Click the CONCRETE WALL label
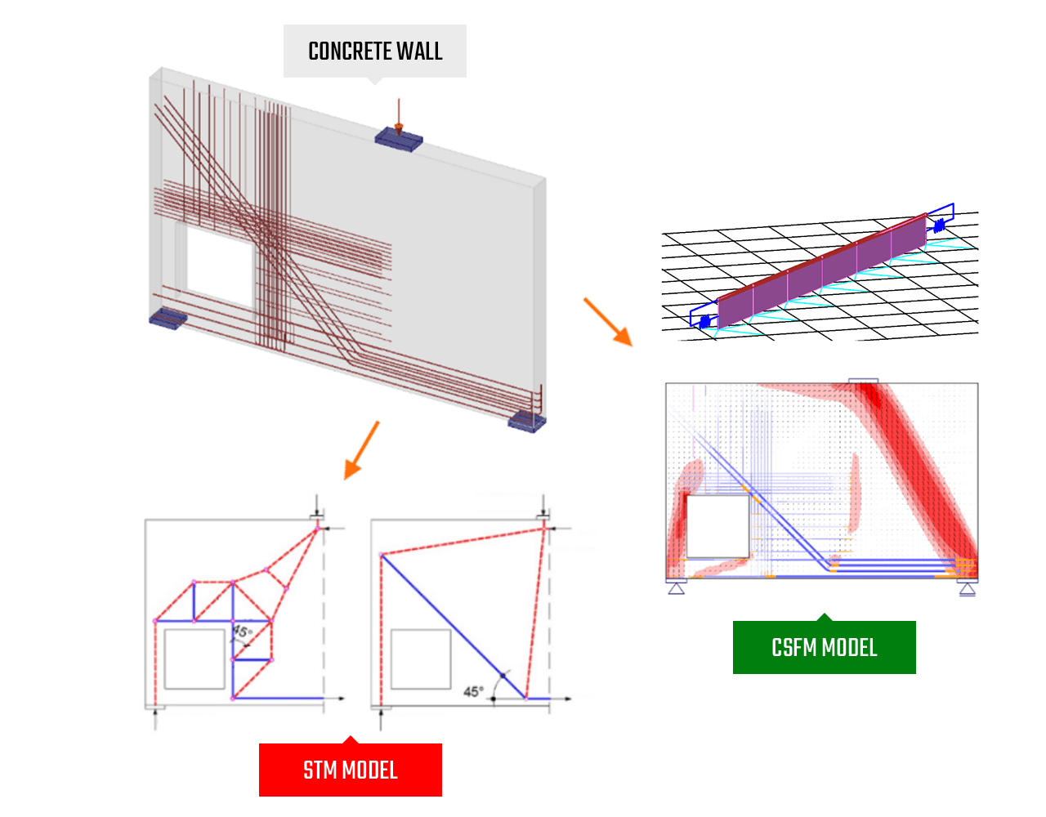pos(375,51)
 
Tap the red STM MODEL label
pos(351,770)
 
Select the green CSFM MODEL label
pos(824,648)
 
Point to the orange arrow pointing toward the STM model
pos(361,450)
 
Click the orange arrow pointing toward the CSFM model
pos(608,322)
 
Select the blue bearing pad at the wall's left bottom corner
pos(168,318)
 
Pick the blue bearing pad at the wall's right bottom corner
pos(526,422)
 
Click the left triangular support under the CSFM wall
pos(677,587)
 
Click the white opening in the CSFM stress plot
pos(717,525)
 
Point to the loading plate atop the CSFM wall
pos(863,381)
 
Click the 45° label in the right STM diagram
pos(472,691)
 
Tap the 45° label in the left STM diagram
pos(242,632)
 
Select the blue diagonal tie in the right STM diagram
pos(454,627)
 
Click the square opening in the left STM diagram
pos(194,659)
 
